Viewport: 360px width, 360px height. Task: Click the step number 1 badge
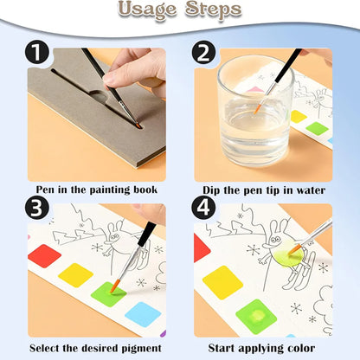pyautogui.click(x=37, y=52)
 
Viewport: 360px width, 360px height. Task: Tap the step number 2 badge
pyautogui.click(x=203, y=52)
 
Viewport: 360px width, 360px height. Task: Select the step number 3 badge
pyautogui.click(x=37, y=208)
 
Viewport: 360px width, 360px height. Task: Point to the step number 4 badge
pyautogui.click(x=203, y=208)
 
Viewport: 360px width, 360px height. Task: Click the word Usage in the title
pyautogui.click(x=147, y=10)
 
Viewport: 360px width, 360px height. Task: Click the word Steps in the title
pyautogui.click(x=213, y=10)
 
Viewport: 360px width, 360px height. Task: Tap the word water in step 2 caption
pyautogui.click(x=311, y=190)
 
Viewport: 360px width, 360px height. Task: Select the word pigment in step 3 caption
pyautogui.click(x=141, y=349)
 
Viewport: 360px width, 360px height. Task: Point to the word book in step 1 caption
pyautogui.click(x=145, y=190)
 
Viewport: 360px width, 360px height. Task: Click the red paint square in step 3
pyautogui.click(x=44, y=256)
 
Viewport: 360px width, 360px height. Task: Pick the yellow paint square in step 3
pyautogui.click(x=76, y=275)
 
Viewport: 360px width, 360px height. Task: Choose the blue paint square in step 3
pyautogui.click(x=143, y=314)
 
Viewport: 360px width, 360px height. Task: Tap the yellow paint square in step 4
pyautogui.click(x=222, y=282)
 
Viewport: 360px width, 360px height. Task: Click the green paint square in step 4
pyautogui.click(x=256, y=317)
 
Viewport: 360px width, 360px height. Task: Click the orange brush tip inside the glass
pyautogui.click(x=256, y=110)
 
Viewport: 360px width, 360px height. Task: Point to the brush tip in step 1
pyautogui.click(x=138, y=125)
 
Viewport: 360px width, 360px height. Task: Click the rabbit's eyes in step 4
pyautogui.click(x=276, y=239)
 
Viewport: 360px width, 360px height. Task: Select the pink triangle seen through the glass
pyautogui.click(x=254, y=89)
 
